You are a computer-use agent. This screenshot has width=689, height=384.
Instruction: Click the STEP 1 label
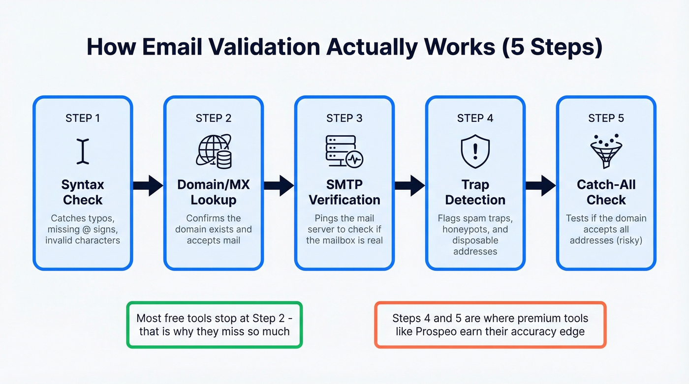click(x=82, y=118)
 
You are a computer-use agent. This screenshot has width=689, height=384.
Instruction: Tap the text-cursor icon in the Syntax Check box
click(x=83, y=151)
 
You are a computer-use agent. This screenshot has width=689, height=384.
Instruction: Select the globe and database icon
click(x=214, y=151)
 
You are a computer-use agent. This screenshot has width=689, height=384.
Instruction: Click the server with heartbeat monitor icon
click(x=344, y=151)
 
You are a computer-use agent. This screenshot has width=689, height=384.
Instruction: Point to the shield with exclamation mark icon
click(x=475, y=151)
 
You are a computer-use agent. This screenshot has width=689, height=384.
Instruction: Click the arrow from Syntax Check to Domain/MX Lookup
click(x=148, y=185)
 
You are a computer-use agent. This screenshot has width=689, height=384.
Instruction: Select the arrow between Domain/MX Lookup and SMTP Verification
click(x=279, y=185)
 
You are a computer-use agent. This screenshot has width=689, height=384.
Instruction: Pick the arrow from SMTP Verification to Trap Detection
click(x=409, y=185)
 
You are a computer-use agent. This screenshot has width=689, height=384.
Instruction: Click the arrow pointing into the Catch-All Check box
click(x=540, y=185)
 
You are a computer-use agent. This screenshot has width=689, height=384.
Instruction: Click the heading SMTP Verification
click(x=344, y=192)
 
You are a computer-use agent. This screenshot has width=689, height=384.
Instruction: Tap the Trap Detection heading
click(x=475, y=192)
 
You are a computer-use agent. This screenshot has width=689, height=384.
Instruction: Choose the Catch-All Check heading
click(x=606, y=192)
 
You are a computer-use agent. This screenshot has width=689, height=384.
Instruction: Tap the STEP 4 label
click(x=475, y=118)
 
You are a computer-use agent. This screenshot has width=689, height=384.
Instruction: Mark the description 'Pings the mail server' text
click(x=344, y=223)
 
